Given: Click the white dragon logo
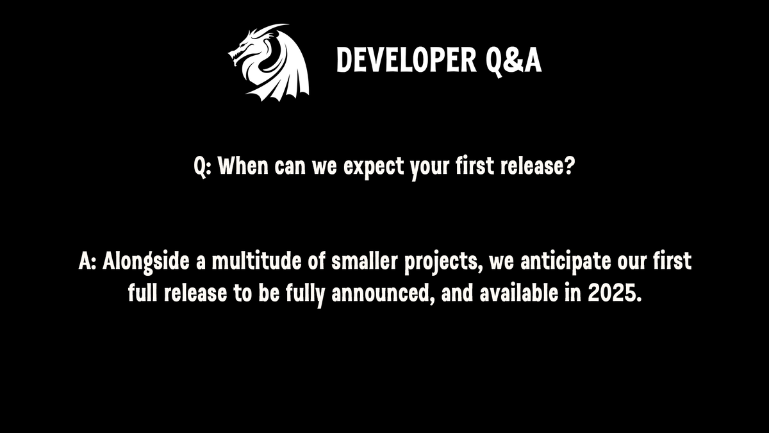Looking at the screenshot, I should [x=269, y=63].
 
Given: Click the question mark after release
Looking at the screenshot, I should [x=568, y=168].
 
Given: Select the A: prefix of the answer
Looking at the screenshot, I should [x=87, y=262].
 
